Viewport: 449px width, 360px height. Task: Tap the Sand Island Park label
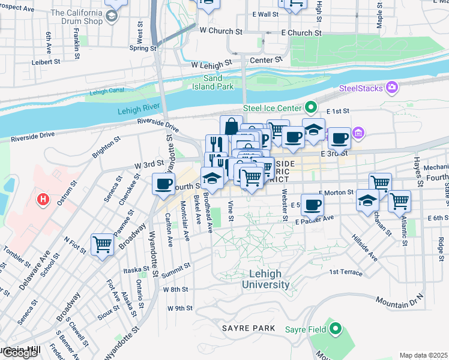(x=218, y=82)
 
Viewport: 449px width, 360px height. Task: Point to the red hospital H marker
(x=43, y=199)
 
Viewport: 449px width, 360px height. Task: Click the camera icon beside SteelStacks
(x=393, y=88)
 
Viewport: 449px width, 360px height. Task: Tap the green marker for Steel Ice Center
(x=310, y=108)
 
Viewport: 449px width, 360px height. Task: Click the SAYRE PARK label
(x=248, y=328)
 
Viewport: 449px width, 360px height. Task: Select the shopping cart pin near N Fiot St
(x=102, y=244)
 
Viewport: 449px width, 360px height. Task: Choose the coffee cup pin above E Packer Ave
(x=312, y=204)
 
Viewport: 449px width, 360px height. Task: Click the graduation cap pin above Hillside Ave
(x=367, y=200)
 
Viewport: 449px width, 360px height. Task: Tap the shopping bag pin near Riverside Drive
(x=232, y=126)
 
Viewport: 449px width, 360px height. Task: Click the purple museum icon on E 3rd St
(x=358, y=133)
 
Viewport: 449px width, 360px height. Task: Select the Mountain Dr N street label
(x=399, y=299)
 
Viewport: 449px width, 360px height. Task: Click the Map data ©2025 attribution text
(x=423, y=355)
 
